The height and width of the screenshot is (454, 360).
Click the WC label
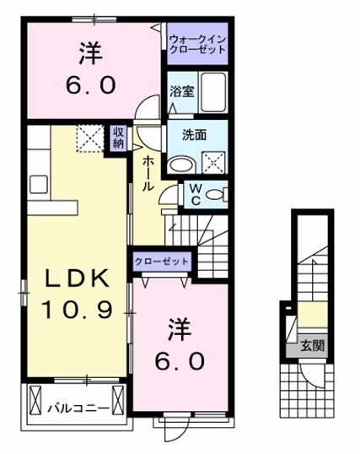click(x=195, y=194)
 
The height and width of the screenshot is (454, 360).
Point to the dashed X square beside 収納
click(x=89, y=138)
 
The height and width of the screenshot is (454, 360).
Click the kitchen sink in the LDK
click(x=39, y=185)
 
